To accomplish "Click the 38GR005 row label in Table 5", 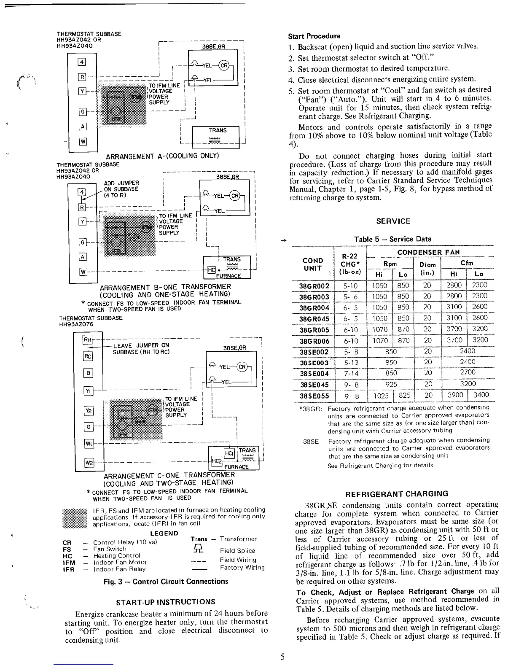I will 312,329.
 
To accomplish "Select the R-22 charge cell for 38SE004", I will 351,373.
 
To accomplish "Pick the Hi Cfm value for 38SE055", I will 454,395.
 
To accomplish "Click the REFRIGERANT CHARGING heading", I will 397,494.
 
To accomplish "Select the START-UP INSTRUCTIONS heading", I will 165,602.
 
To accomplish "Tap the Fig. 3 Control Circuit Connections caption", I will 166,582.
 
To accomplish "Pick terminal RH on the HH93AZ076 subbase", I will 87,340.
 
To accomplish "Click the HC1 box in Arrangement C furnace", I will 229,453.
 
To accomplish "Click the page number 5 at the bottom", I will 283,657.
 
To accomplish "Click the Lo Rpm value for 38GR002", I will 403,285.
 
